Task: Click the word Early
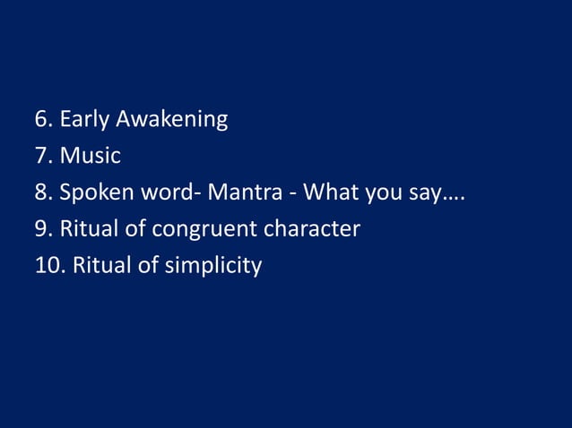tap(84, 119)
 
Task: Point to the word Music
tap(91, 156)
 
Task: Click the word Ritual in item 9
tap(90, 229)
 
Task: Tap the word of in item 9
tap(135, 229)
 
